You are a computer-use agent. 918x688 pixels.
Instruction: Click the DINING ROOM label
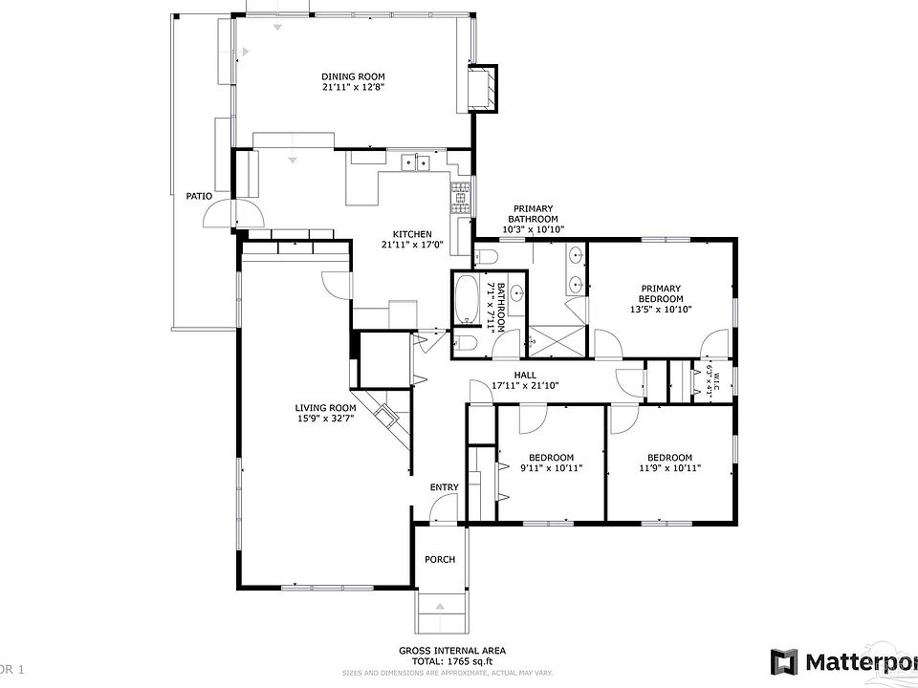[x=353, y=75]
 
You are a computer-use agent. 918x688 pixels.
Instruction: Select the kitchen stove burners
[x=461, y=197]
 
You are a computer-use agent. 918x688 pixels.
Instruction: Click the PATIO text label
[x=199, y=196]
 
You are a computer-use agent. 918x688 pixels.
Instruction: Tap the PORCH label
[x=440, y=560]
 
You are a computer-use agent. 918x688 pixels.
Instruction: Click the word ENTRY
[x=444, y=488]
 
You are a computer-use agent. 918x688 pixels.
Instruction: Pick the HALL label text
[x=525, y=375]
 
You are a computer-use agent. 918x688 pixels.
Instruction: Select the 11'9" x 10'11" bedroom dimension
[x=669, y=468]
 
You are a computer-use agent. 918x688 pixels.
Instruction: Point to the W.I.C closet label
[x=710, y=381]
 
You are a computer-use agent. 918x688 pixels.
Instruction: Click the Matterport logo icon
[x=784, y=661]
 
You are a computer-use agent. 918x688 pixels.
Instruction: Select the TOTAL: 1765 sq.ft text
[x=452, y=660]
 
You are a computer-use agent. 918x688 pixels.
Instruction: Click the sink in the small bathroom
[x=517, y=293]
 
